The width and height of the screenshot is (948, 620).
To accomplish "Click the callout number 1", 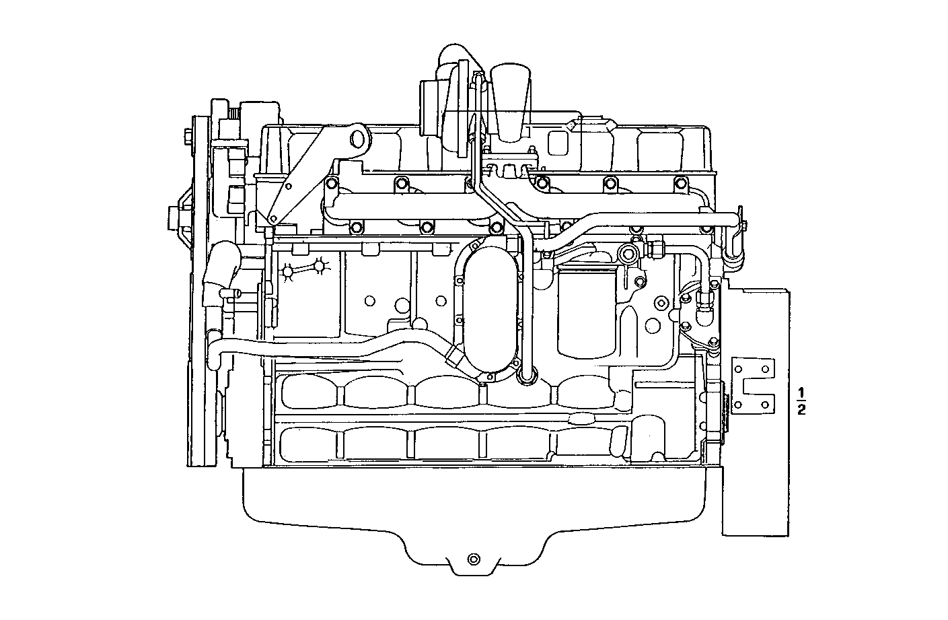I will point(801,392).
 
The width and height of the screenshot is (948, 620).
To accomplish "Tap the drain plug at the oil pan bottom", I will point(473,559).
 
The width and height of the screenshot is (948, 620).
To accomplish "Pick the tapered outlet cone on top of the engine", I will point(512,101).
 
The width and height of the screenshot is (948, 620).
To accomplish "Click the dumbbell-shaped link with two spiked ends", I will point(305,270).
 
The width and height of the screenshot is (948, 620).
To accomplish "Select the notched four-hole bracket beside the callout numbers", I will point(752,386).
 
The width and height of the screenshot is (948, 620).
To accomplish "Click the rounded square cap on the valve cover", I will point(558,143).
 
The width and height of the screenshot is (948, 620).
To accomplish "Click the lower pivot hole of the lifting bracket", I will point(272,219).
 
